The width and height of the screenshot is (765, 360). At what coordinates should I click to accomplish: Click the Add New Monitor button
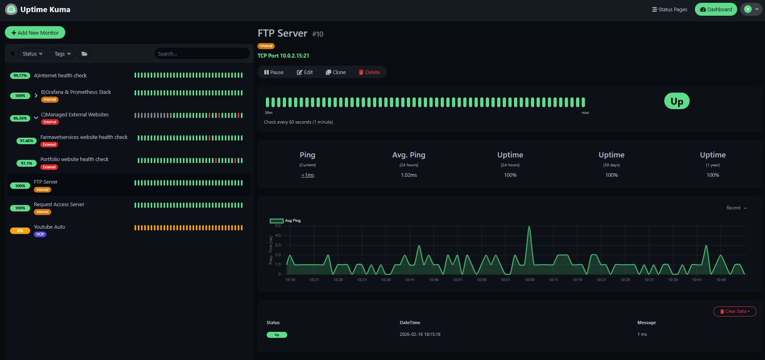point(35,33)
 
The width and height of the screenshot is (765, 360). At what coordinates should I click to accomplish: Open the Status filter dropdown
point(32,54)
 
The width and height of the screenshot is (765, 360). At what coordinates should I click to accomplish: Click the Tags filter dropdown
point(62,54)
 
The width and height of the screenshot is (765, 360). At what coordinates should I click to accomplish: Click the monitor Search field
point(201,54)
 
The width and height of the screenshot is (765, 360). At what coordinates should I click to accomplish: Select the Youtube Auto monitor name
point(49,227)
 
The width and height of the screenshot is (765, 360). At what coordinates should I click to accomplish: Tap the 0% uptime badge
point(20,231)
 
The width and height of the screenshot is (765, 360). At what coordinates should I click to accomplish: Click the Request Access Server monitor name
point(59,204)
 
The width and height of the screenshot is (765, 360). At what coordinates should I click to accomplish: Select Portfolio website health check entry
point(74,159)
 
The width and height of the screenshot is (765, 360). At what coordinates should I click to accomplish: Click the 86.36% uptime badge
point(20,118)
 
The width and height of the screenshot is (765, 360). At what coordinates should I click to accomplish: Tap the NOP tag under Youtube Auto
point(40,234)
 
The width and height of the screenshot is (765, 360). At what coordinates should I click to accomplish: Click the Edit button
point(305,72)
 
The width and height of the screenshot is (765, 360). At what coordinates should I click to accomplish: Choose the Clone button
point(336,72)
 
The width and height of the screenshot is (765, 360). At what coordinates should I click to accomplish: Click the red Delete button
point(369,72)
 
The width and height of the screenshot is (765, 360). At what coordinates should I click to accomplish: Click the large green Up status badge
point(676,101)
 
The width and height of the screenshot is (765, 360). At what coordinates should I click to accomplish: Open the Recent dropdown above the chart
point(736,208)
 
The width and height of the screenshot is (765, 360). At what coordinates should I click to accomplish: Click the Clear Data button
point(734,311)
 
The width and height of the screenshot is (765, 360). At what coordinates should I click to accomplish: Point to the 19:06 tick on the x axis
point(529,279)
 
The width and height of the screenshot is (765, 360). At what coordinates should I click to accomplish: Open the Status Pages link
point(669,9)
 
